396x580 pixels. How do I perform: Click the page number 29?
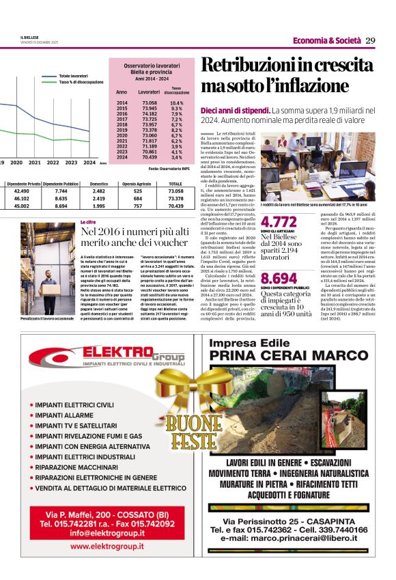371,40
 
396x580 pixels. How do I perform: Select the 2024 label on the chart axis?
89,163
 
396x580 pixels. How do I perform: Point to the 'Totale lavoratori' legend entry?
73,76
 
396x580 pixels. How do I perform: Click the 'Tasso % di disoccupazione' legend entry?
81,82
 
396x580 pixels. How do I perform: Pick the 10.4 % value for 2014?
176,103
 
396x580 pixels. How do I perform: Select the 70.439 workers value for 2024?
149,156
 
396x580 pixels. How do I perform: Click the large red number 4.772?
279,221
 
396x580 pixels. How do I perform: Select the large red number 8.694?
279,278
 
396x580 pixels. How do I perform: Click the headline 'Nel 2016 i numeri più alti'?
135,232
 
